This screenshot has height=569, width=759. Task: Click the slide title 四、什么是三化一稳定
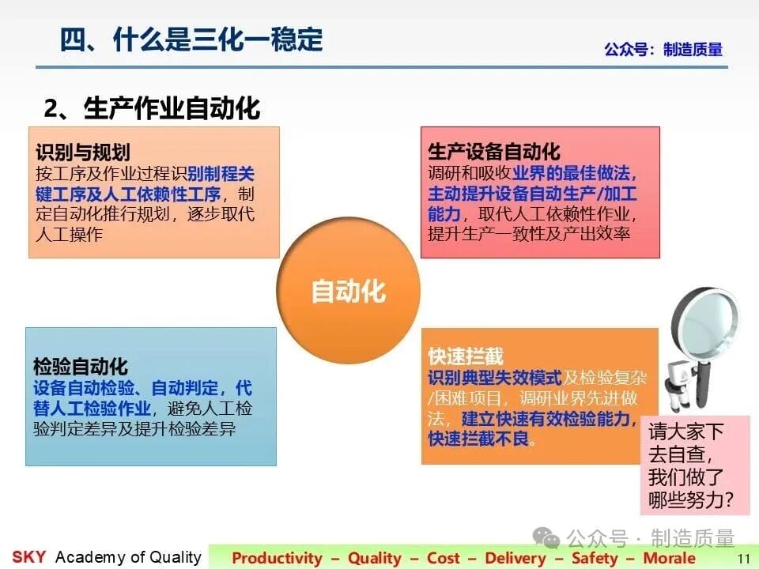[x=191, y=40]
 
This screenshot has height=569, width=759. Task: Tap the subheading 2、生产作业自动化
[x=152, y=108]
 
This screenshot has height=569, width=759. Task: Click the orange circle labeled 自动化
[x=349, y=290]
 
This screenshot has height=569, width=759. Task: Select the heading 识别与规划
[x=83, y=153]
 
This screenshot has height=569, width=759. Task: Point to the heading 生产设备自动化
[x=493, y=152]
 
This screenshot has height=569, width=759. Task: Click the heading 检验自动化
[x=81, y=367]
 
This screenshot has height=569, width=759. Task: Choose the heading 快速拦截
[x=466, y=356]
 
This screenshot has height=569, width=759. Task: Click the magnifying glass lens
[x=708, y=320]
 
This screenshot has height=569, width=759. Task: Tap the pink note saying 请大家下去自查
[x=695, y=465]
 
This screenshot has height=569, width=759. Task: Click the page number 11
[x=743, y=559]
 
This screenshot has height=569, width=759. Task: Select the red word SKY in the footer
[x=29, y=557]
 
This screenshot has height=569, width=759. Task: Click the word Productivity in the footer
[x=277, y=558]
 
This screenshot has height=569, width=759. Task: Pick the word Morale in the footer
[x=669, y=558]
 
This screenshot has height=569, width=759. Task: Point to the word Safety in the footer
[x=595, y=558]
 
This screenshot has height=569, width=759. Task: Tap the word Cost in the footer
[x=443, y=558]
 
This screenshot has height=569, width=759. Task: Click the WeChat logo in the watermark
[x=546, y=537]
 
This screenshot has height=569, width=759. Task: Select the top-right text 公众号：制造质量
[x=663, y=49]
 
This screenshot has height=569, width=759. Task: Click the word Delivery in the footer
[x=515, y=558]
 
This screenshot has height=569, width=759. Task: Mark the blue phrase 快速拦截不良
[x=478, y=439]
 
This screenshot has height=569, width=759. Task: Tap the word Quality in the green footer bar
[x=375, y=558]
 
